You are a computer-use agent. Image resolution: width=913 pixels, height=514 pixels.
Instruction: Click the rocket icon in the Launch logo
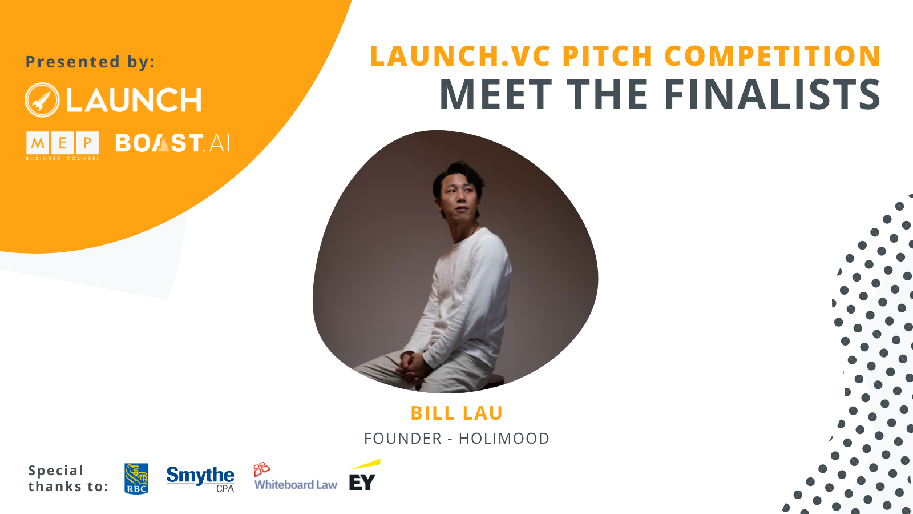[x=42, y=100]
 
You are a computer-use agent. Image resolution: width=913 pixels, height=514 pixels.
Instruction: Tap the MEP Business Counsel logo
[x=62, y=146]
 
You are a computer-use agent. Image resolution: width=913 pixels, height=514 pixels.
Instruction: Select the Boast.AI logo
[x=172, y=143]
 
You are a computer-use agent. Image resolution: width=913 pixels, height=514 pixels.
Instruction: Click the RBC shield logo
[x=136, y=479]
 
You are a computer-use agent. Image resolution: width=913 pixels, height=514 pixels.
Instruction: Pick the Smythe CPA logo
[x=200, y=479]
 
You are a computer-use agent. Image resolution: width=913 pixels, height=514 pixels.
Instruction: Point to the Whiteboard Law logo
[x=295, y=476]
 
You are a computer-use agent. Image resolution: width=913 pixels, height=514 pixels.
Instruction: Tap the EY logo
[x=364, y=475]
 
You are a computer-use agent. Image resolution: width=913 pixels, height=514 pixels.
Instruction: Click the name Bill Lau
[x=457, y=413]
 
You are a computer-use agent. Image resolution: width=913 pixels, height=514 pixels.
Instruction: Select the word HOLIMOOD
[x=504, y=439]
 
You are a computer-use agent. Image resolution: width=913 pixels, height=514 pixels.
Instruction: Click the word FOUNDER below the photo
[x=403, y=439]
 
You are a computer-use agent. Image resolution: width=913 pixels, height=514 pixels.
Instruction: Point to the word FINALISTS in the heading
[x=772, y=94]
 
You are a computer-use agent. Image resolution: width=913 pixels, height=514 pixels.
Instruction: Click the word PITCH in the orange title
[x=607, y=55]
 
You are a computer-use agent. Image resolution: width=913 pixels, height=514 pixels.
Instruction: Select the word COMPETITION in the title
[x=773, y=55]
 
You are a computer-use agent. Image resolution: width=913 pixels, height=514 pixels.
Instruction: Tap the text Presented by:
[x=90, y=62]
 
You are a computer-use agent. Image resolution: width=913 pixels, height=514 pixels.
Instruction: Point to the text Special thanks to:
[x=68, y=478]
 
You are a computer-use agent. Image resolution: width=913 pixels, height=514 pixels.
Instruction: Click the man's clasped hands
[x=413, y=366]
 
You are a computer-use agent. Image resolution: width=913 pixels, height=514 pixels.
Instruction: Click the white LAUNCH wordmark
[x=134, y=100]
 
